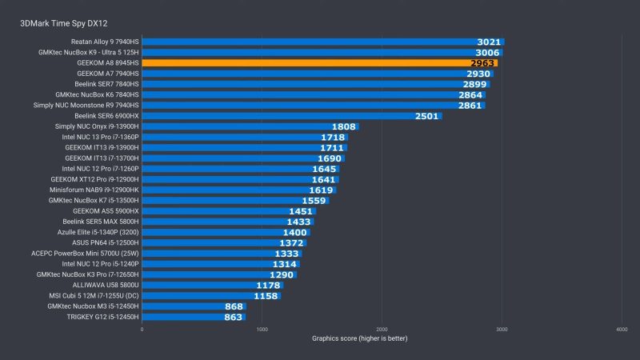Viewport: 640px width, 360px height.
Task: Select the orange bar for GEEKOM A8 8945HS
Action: [320, 62]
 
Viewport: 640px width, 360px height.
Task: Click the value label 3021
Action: [489, 42]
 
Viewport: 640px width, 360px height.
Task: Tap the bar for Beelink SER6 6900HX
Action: [292, 115]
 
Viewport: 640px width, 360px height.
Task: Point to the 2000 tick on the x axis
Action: [382, 329]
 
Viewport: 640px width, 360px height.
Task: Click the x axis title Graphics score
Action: [359, 338]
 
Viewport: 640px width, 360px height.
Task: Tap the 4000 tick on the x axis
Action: [622, 329]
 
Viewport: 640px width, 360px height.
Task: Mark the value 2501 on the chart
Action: [427, 115]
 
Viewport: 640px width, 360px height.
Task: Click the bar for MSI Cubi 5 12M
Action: [211, 295]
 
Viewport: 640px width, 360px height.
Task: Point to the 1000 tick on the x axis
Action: [262, 329]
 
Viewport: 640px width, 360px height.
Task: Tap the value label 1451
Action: [300, 210]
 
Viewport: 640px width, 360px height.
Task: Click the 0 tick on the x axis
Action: [142, 329]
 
